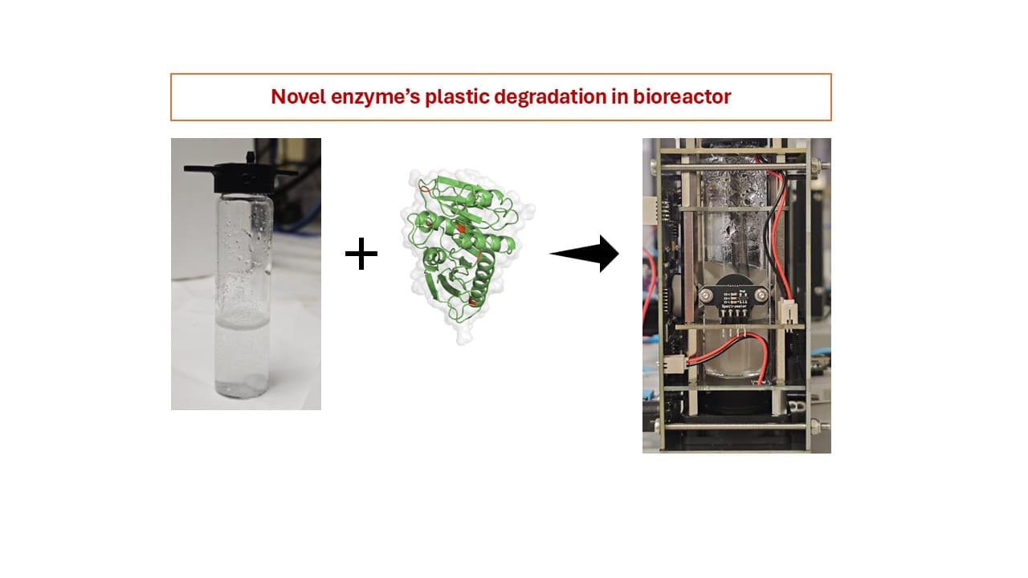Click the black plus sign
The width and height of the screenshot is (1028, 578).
361,255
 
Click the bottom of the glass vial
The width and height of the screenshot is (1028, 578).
246,391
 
